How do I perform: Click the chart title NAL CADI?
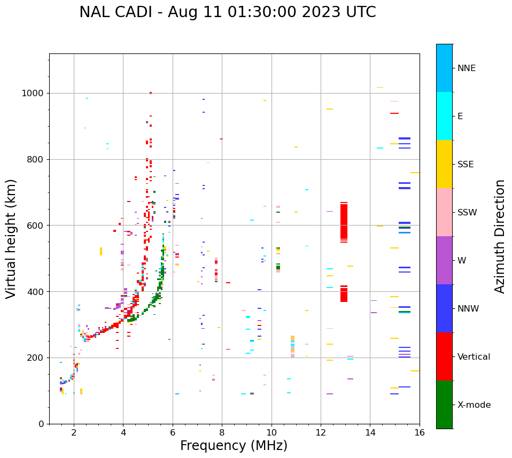pos(227,12)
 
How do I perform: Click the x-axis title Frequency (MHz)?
pos(234,446)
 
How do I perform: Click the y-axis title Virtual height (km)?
pos(12,239)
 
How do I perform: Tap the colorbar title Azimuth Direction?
pos(500,236)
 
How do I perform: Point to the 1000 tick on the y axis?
pos(34,93)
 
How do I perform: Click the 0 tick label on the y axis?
pos(41,424)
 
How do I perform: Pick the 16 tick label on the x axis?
pos(420,432)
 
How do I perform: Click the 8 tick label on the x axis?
pos(222,432)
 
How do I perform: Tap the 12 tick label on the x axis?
pos(321,432)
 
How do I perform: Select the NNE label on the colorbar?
pos(466,68)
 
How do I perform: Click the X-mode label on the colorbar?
pos(474,405)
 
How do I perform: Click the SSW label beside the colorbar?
pos(467,213)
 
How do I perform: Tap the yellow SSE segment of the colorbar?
pos(444,164)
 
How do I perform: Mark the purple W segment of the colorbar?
pos(444,260)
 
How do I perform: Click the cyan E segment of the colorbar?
pos(444,116)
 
